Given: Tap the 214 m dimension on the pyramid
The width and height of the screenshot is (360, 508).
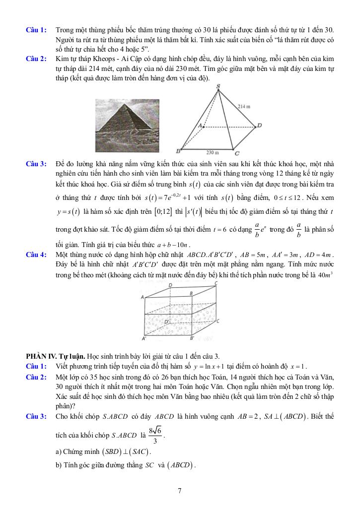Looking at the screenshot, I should coord(244,107).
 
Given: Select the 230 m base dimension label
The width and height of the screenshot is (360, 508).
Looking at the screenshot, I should coord(213,152).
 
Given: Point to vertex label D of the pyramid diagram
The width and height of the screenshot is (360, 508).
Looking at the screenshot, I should coord(259,126).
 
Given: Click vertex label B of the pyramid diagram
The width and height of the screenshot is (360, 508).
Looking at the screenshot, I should coord(178,151).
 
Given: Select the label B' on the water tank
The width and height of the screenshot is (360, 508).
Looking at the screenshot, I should coord(192,338).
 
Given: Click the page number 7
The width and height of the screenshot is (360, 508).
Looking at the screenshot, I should coord(179,491).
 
